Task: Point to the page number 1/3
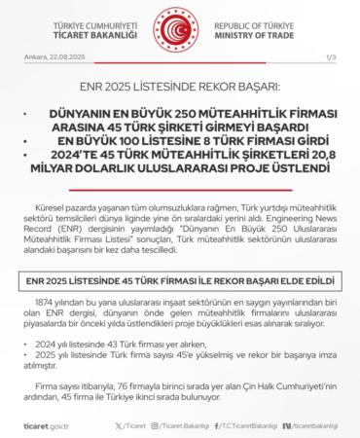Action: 330,58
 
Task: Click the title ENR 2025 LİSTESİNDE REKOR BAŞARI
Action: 179,88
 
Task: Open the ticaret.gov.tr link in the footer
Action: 45,425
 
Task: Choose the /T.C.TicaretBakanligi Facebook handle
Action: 233,425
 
